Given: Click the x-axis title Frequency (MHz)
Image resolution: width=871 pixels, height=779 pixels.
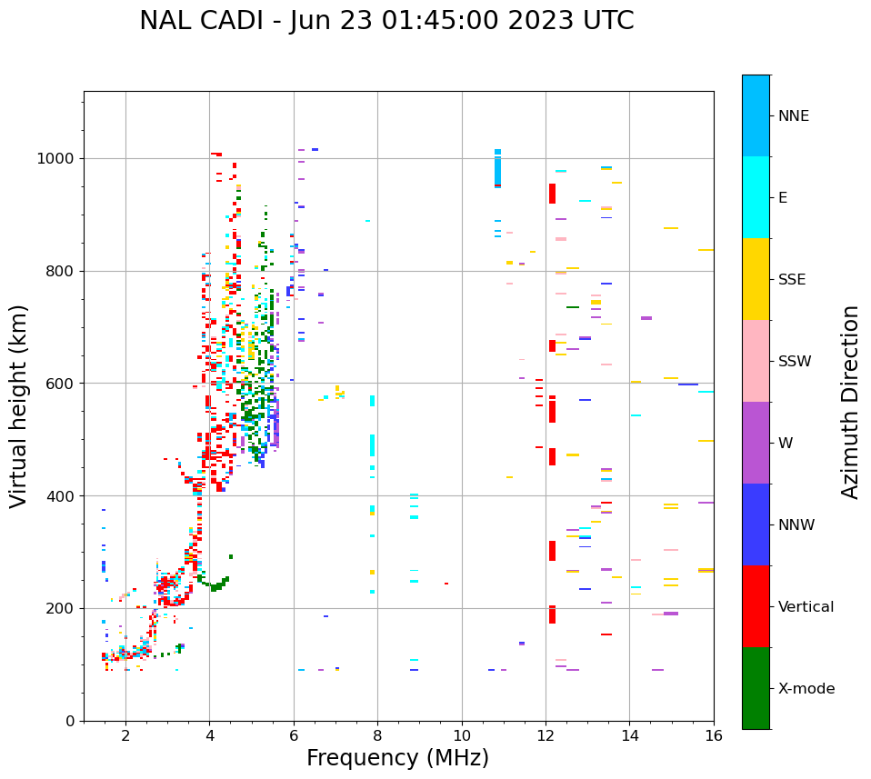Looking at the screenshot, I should pyautogui.click(x=397, y=758).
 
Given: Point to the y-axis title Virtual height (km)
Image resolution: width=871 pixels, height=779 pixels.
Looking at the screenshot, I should pyautogui.click(x=19, y=406).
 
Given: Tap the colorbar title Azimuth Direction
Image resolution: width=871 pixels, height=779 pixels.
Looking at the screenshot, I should pyautogui.click(x=850, y=402).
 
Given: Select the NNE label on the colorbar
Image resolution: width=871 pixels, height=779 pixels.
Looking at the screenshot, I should pyautogui.click(x=793, y=116).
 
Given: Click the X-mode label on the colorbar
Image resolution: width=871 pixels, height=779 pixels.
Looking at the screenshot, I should pyautogui.click(x=806, y=689).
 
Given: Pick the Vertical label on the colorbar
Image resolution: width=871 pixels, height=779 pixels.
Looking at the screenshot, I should pyautogui.click(x=806, y=607).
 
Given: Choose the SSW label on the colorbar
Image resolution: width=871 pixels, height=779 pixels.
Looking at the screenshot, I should pyautogui.click(x=795, y=362).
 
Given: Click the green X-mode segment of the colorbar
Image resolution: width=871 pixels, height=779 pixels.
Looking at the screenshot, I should pyautogui.click(x=756, y=688).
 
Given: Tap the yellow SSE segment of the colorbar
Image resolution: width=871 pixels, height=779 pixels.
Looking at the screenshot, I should pyautogui.click(x=756, y=279).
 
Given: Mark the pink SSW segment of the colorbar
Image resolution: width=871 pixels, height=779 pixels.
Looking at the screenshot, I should pyautogui.click(x=756, y=361).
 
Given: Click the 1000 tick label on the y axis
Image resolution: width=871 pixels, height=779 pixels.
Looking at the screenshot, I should pyautogui.click(x=56, y=159).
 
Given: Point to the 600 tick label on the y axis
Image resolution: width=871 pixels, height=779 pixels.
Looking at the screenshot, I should pyautogui.click(x=61, y=384).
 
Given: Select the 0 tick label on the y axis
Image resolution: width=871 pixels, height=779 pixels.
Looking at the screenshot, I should pyautogui.click(x=70, y=721).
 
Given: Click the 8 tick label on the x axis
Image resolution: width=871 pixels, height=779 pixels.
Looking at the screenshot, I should pyautogui.click(x=377, y=735).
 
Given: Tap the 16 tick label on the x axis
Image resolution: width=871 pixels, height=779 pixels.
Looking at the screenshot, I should pyautogui.click(x=714, y=735).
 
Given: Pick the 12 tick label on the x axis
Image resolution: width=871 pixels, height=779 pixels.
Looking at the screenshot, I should pyautogui.click(x=546, y=735).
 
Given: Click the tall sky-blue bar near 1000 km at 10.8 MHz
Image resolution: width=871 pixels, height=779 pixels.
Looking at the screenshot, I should pyautogui.click(x=497, y=169).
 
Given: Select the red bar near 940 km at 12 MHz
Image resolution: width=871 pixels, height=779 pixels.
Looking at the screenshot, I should pyautogui.click(x=552, y=194).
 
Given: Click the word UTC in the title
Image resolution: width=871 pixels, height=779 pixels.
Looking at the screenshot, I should pyautogui.click(x=609, y=21).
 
